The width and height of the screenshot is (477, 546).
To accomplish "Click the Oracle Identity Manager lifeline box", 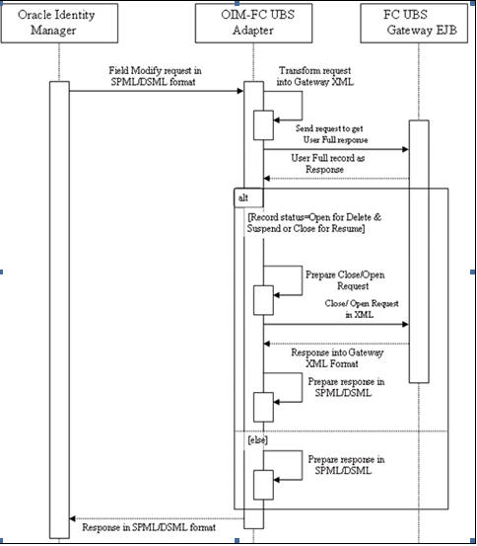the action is [59, 24].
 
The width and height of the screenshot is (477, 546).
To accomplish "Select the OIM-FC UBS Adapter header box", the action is [253, 24].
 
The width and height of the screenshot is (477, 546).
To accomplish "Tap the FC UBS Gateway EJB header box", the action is [414, 24].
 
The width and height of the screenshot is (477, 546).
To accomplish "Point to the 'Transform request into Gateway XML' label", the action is [314, 76].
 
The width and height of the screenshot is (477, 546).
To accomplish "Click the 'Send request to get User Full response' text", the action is [332, 134].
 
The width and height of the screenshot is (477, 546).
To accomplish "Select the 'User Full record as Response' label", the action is [327, 164].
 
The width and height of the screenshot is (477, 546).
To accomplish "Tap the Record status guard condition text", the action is [314, 223].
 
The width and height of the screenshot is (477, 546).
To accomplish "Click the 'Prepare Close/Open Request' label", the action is [345, 280].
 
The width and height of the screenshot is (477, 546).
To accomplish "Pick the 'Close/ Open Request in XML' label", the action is [362, 309].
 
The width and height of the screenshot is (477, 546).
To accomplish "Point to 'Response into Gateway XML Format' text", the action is [337, 358].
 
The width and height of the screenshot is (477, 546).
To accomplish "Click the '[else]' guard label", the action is [257, 440].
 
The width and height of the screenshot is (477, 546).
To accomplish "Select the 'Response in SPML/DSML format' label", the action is [149, 527].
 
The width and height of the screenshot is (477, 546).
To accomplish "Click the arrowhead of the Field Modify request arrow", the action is [240, 91].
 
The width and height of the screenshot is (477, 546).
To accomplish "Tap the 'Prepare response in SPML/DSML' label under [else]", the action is [346, 465].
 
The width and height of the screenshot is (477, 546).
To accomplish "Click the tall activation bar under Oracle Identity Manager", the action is [59, 310].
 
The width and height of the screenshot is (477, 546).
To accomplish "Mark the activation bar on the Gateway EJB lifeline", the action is [419, 252].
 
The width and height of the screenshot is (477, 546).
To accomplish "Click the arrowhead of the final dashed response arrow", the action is [73, 518].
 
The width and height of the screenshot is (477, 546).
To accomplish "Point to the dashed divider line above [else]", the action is [341, 431].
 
